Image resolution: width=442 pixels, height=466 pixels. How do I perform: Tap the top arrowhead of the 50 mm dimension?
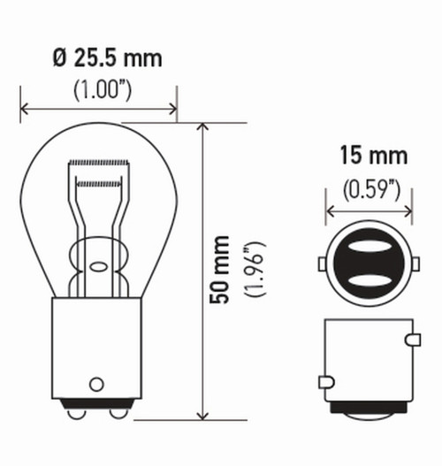pyautogui.click(x=204, y=127)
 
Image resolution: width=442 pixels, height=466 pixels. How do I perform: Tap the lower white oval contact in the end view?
pyautogui.click(x=370, y=280)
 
